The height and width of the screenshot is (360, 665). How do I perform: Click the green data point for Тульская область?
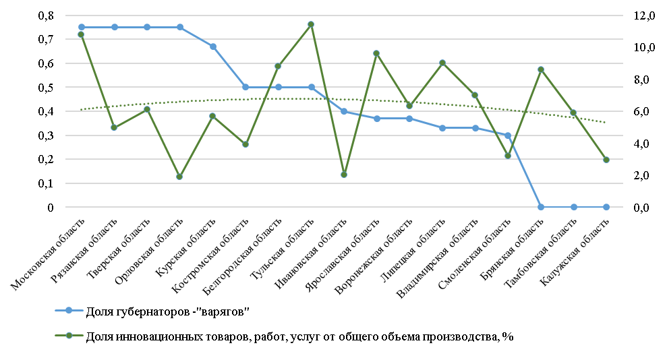pyautogui.click(x=311, y=24)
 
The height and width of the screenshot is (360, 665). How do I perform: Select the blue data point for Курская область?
pyautogui.click(x=212, y=47)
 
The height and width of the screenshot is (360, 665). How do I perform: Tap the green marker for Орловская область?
pyautogui.click(x=179, y=177)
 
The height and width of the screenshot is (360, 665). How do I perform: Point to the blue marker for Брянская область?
pyautogui.click(x=541, y=207)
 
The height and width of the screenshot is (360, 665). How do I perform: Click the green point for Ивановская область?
pyautogui.click(x=344, y=175)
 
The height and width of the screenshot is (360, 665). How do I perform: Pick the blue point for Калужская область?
pyautogui.click(x=606, y=207)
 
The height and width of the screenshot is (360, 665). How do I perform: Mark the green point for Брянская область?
pyautogui.click(x=541, y=69)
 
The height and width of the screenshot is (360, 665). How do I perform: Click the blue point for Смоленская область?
pyautogui.click(x=508, y=136)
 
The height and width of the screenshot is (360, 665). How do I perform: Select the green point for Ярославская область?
pyautogui.click(x=376, y=53)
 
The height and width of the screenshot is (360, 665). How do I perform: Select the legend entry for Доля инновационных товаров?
pyautogui.click(x=300, y=336)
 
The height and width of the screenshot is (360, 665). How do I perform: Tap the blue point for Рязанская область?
pyautogui.click(x=114, y=27)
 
